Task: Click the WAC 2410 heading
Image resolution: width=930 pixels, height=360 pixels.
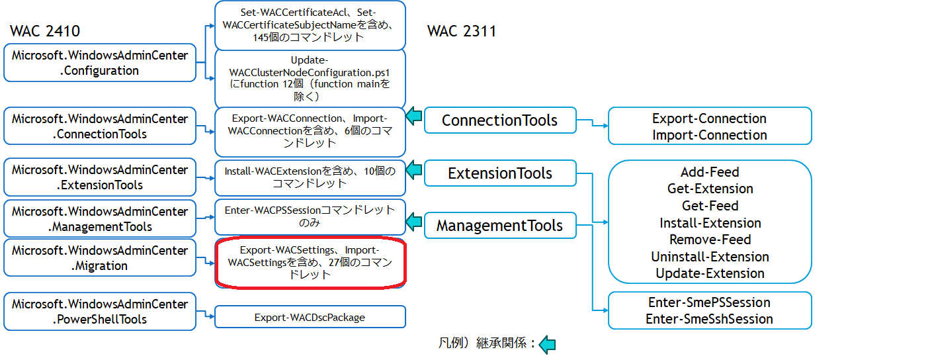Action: click(46, 31)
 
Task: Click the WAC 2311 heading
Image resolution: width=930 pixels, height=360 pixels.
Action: click(462, 31)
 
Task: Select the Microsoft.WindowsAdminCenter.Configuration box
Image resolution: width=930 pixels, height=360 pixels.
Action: click(100, 63)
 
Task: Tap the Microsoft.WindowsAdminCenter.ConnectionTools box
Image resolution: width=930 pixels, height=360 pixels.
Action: click(100, 126)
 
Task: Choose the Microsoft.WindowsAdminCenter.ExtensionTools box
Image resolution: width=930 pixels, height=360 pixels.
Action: click(100, 177)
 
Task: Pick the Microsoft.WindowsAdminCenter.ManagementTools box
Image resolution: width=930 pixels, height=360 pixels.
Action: click(100, 218)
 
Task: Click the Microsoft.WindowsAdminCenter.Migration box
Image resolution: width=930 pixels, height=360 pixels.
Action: click(100, 258)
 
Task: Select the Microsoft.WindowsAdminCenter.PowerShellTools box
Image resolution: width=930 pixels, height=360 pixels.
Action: click(100, 311)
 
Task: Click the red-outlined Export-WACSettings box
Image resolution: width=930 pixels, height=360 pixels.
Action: click(310, 262)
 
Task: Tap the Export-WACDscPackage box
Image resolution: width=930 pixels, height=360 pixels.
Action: click(310, 317)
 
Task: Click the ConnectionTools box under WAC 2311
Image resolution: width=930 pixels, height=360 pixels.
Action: click(499, 120)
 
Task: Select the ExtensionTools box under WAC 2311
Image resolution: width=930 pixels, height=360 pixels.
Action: click(499, 173)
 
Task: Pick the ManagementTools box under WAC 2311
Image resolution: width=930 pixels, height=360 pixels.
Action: click(499, 226)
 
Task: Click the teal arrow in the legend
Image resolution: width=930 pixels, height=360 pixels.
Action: click(547, 344)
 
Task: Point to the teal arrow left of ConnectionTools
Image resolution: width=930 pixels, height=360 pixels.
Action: click(414, 116)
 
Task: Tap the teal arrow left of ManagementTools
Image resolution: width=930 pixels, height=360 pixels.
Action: click(414, 222)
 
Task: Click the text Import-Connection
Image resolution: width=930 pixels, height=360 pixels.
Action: click(709, 135)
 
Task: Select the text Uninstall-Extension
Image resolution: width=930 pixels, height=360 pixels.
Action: click(710, 257)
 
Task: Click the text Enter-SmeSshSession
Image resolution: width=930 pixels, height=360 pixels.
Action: click(709, 319)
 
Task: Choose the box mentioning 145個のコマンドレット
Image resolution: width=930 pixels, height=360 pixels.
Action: click(310, 25)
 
